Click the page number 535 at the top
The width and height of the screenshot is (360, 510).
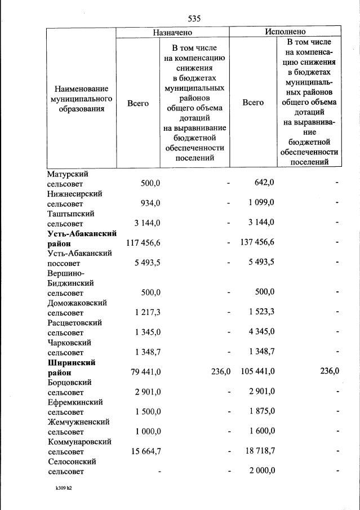pos(194,18)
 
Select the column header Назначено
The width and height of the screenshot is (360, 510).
pos(173,32)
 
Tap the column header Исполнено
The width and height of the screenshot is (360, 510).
pos(285,32)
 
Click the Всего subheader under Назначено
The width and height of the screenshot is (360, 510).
pos(138,103)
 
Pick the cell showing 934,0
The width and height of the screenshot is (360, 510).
pos(150,203)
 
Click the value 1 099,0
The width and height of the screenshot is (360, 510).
pos(261,203)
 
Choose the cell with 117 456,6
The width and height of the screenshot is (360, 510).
pos(142,242)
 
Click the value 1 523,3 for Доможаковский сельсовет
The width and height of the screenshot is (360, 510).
pos(261,312)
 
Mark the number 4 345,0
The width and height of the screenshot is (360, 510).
pos(261,331)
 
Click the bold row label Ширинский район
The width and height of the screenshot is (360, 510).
pos(72,367)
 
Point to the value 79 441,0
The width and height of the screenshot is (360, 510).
pos(144,371)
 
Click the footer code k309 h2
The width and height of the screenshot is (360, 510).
pos(60,489)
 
